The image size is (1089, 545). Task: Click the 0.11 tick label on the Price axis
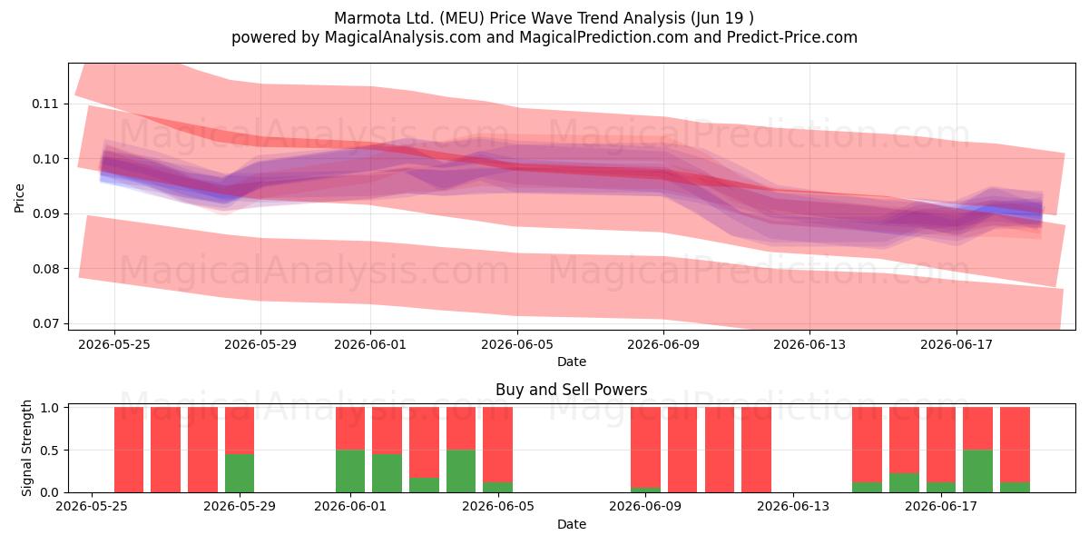point(44,104)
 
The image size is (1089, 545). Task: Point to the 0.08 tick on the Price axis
point(44,269)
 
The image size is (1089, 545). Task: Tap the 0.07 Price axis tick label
point(44,323)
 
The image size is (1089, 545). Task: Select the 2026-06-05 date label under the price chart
point(517,344)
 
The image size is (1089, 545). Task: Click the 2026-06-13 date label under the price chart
point(809,344)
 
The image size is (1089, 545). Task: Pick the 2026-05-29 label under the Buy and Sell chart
point(240,506)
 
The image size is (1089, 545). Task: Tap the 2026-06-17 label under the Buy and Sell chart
point(941,506)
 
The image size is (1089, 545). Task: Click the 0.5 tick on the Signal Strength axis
point(50,451)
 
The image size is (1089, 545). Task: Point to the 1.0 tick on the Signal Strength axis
point(50,408)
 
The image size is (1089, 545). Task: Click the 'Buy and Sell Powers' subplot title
point(571,390)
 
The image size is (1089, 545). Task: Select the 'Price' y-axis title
point(19,198)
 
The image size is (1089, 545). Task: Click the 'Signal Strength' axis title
point(26,448)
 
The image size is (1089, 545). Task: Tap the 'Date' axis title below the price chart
point(571,362)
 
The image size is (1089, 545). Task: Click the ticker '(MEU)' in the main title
point(461,18)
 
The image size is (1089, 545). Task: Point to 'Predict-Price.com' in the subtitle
point(792,37)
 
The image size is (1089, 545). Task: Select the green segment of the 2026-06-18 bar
point(977,471)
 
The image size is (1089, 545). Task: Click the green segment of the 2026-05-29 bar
point(240,473)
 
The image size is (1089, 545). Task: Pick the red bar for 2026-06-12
point(757,450)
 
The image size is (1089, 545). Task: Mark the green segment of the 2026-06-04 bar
point(461,471)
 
